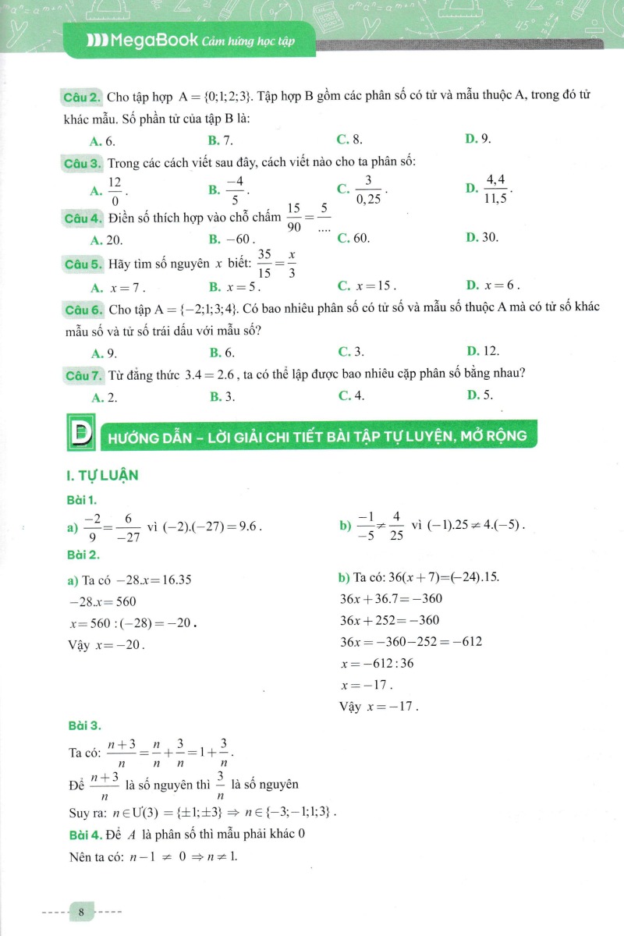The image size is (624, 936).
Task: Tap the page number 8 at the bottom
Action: pos(82,911)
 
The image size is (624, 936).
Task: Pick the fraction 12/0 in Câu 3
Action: pos(115,190)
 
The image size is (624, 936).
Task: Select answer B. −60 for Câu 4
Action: pos(232,238)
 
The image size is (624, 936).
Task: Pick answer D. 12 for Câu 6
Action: pos(482,352)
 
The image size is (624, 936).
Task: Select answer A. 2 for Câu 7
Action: pos(104,396)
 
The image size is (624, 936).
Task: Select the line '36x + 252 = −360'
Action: pos(389,621)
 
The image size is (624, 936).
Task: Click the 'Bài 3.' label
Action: pos(84,725)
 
